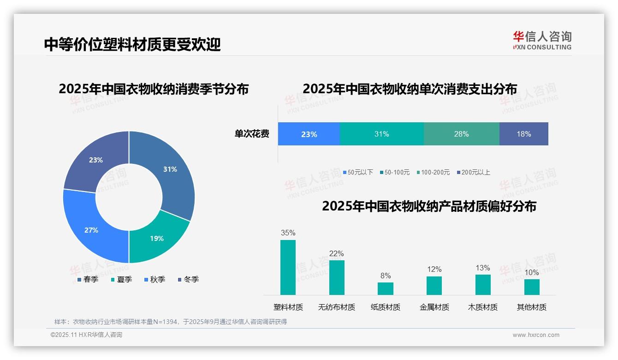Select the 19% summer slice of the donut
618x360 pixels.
point(157,238)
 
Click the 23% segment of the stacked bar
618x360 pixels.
point(309,134)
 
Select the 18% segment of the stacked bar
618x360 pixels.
point(523,134)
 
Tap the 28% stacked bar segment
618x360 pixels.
point(461,134)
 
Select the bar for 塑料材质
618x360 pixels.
point(288,267)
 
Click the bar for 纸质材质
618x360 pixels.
point(386,288)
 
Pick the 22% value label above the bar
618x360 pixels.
point(337,254)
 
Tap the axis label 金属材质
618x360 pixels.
point(434,307)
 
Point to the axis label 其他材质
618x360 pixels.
point(532,307)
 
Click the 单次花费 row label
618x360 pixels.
point(252,134)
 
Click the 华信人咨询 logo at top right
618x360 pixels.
point(542,40)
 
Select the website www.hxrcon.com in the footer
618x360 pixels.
point(536,335)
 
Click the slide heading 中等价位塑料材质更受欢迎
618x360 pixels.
point(132,44)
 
